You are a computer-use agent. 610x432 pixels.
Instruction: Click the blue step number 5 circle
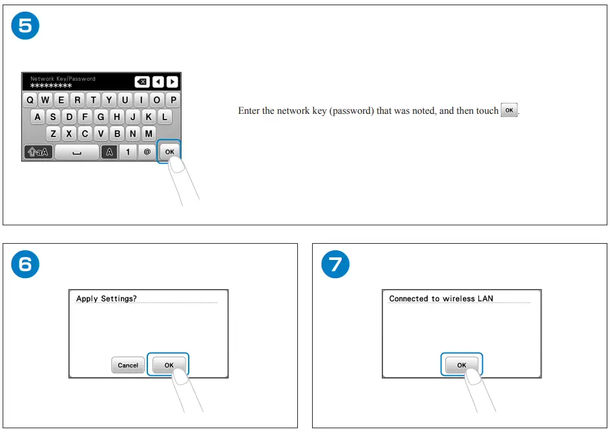pyautogui.click(x=25, y=26)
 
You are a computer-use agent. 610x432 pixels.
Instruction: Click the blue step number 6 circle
pyautogui.click(x=25, y=264)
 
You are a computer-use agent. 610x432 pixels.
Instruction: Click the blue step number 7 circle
pyautogui.click(x=335, y=264)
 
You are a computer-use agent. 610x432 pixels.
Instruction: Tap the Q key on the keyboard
pyautogui.click(x=30, y=100)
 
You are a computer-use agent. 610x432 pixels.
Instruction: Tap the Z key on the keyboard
pyautogui.click(x=54, y=134)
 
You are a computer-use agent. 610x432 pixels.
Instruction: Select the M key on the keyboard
pyautogui.click(x=149, y=134)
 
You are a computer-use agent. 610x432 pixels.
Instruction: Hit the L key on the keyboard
pyautogui.click(x=165, y=117)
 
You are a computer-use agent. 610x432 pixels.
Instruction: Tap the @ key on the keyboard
pyautogui.click(x=147, y=152)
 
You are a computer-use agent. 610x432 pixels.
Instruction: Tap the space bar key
pyautogui.click(x=76, y=152)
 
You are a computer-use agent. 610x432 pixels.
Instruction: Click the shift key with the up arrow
pyautogui.click(x=37, y=152)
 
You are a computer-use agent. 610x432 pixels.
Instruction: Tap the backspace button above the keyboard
pyautogui.click(x=142, y=82)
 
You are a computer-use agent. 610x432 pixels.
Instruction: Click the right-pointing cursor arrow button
pyautogui.click(x=172, y=82)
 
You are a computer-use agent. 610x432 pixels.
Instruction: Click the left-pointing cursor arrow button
pyautogui.click(x=158, y=82)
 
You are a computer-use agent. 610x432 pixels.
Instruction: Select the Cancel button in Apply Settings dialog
pyautogui.click(x=127, y=365)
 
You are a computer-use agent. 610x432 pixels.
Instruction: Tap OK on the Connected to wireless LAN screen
pyautogui.click(x=461, y=365)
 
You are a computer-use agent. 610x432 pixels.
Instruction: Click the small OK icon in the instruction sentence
pyautogui.click(x=509, y=111)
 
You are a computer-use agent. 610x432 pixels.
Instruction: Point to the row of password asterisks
pyautogui.click(x=51, y=85)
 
